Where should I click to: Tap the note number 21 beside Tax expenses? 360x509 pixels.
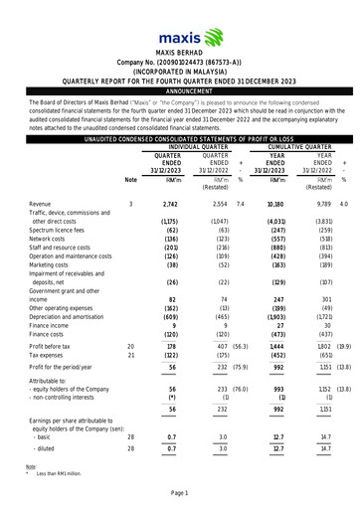[131, 354]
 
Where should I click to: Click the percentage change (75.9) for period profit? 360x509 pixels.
[242, 368]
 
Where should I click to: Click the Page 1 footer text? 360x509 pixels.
[180, 493]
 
